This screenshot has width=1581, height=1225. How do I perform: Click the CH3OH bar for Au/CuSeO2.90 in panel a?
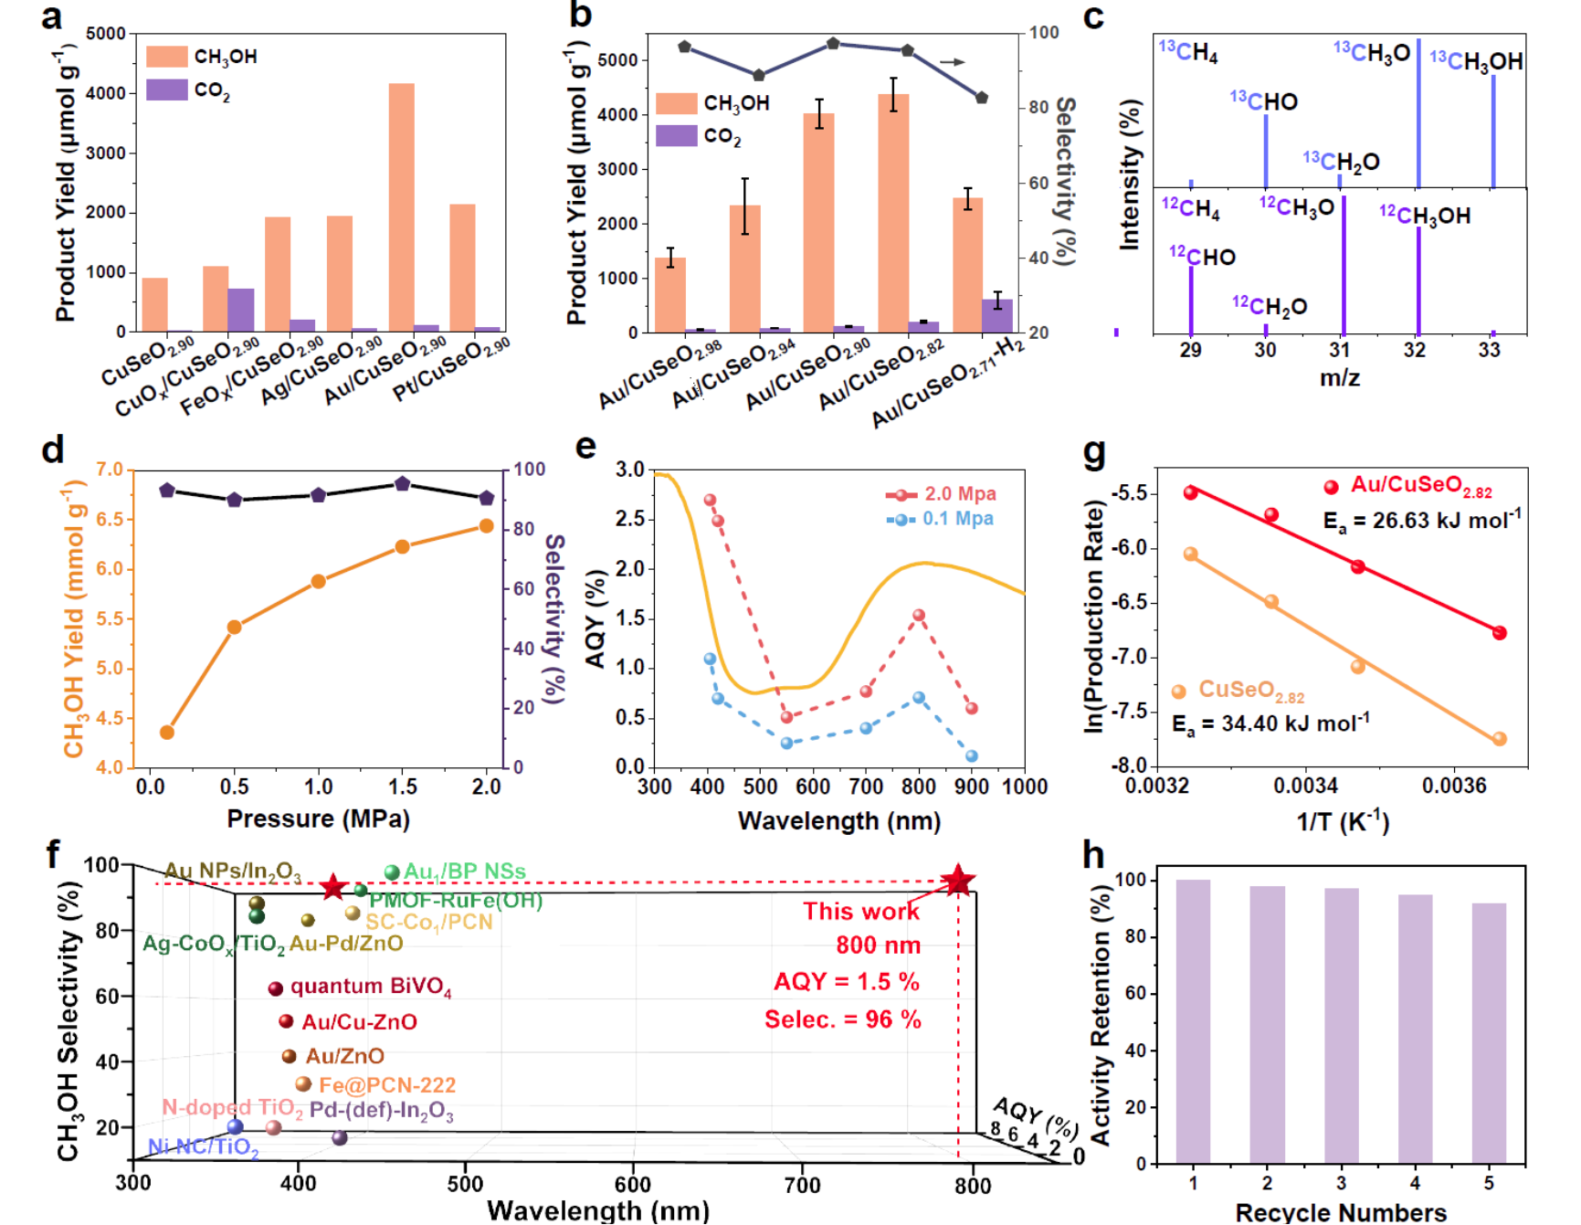pyautogui.click(x=401, y=206)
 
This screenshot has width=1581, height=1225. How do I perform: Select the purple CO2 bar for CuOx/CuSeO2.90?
pyautogui.click(x=241, y=310)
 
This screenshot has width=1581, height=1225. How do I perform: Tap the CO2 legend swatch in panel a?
pyautogui.click(x=167, y=90)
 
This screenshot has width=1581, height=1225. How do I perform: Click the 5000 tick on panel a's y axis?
pyautogui.click(x=107, y=34)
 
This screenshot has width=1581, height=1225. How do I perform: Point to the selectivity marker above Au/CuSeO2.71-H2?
pyautogui.click(x=982, y=98)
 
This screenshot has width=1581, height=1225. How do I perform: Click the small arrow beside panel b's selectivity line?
pyautogui.click(x=953, y=62)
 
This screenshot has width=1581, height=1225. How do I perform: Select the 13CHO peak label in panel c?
pyautogui.click(x=1264, y=100)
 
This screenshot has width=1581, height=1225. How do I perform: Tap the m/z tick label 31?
pyautogui.click(x=1339, y=350)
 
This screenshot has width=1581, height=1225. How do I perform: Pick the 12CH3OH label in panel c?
pyautogui.click(x=1425, y=216)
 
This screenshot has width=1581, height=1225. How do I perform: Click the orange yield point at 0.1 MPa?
pyautogui.click(x=167, y=732)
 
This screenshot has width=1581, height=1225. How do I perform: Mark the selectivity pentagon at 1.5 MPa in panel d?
pyautogui.click(x=403, y=483)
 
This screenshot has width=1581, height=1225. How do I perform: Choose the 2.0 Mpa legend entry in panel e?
pyautogui.click(x=942, y=494)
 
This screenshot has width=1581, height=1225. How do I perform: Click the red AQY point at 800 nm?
pyautogui.click(x=919, y=616)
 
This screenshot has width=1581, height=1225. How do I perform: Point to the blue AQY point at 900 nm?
pyautogui.click(x=972, y=756)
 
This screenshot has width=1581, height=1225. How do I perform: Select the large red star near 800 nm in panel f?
pyautogui.click(x=958, y=881)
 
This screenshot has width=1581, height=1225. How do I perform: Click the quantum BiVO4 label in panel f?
pyautogui.click(x=371, y=987)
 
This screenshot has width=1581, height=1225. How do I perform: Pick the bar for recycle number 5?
pyautogui.click(x=1489, y=1033)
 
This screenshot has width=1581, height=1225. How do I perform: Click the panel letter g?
pyautogui.click(x=1093, y=451)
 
